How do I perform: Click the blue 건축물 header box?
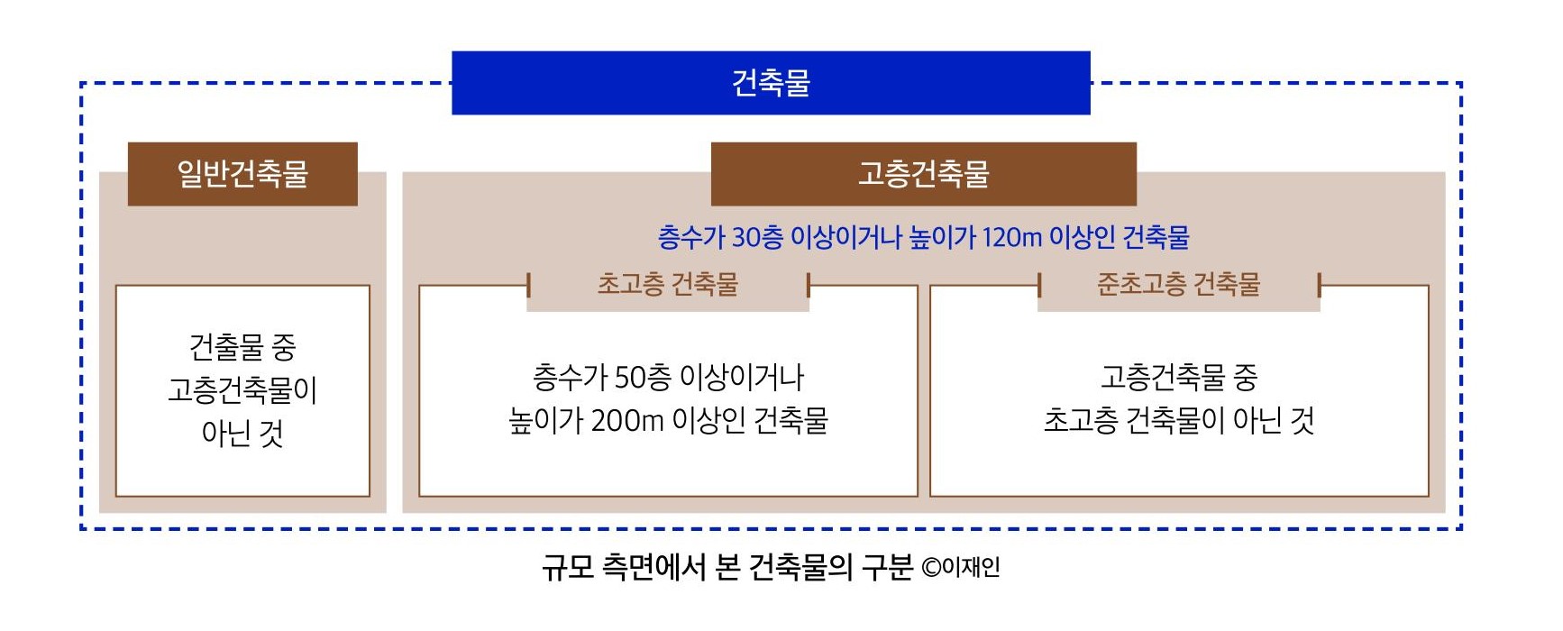771,83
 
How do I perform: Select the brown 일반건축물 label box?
242,174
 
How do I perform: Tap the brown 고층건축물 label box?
923,174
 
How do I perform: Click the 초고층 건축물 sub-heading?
668,285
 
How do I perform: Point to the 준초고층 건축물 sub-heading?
1178,285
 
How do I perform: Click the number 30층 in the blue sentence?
757,238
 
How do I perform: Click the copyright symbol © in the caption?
930,568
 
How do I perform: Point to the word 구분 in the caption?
887,567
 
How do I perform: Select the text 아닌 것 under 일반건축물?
242,434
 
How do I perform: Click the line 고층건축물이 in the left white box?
242,390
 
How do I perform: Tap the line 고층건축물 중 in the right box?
1178,377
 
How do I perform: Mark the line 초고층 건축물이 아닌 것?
1178,421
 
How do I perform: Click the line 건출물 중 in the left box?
242,347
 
